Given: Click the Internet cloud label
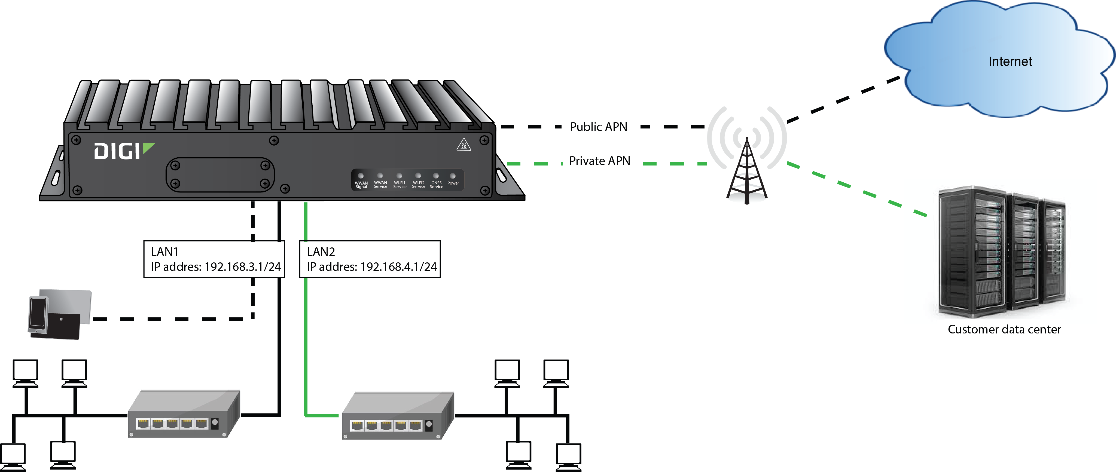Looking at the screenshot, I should [1010, 62].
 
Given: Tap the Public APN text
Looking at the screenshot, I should [598, 127].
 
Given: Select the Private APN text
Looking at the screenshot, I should [600, 161].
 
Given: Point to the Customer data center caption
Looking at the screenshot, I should [1004, 330].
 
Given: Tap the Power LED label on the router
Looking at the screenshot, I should [453, 183].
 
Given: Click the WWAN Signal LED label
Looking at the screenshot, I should [361, 185].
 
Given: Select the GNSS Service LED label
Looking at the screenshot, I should [436, 185].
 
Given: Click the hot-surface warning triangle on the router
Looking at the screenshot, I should [464, 145].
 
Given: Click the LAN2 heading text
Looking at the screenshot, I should [321, 252].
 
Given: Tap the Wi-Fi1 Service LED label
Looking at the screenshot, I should [400, 185].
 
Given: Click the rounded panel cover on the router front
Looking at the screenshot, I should [220, 174].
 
